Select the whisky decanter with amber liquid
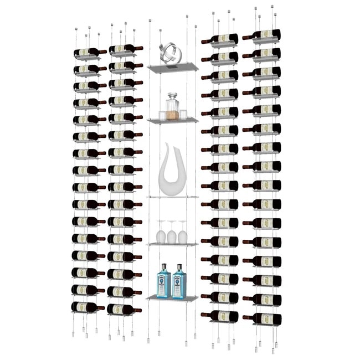tap(172, 107)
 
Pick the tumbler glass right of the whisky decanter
tap(183, 115)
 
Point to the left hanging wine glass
tap(161, 232)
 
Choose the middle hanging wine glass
tap(172, 233)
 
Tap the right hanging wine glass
tap(182, 232)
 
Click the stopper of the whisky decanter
tap(172, 96)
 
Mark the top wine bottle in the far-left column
tap(89, 53)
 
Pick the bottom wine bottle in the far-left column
tap(87, 307)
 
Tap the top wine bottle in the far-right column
tap(263, 35)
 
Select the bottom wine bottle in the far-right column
tap(263, 318)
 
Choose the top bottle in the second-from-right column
tap(220, 39)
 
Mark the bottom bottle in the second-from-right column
tap(220, 316)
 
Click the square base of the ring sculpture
tap(172, 68)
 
